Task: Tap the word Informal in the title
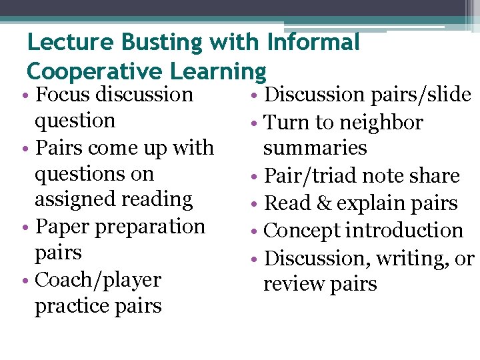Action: pos(313,43)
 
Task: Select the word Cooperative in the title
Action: pos(95,71)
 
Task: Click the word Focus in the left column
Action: pos(63,95)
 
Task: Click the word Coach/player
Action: pos(98,280)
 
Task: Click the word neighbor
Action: pos(381,123)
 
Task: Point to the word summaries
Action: pos(315,148)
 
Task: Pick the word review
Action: pos(294,284)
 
